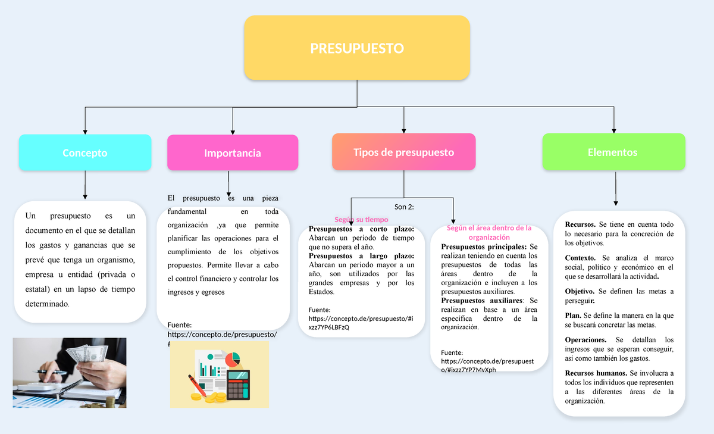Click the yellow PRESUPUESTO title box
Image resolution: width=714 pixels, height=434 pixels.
(357, 48)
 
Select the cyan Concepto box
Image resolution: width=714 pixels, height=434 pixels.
(85, 153)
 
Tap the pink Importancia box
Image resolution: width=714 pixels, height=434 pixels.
(233, 153)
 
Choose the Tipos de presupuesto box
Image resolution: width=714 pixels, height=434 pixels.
(403, 152)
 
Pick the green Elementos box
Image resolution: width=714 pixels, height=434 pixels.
(614, 152)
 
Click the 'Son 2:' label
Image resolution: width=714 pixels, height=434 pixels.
(404, 207)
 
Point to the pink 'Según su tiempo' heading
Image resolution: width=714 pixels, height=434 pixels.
(361, 220)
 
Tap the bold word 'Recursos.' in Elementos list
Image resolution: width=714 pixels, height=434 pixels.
(580, 224)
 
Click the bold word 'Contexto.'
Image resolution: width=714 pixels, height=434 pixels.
(580, 258)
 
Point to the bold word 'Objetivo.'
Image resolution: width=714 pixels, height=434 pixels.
(580, 291)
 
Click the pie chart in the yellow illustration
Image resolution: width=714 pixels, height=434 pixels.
(233, 360)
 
